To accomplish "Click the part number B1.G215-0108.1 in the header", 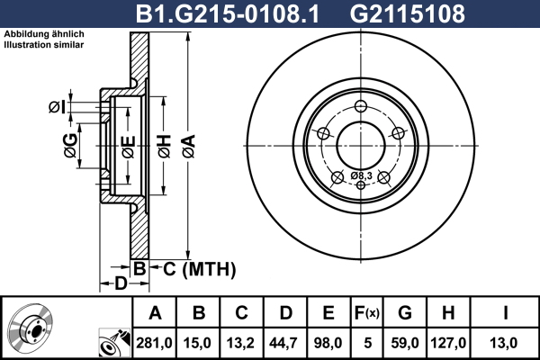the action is [x=228, y=13].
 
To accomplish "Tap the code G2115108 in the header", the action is [x=408, y=13].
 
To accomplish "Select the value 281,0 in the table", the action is [x=154, y=343].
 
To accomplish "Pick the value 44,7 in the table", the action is [x=284, y=343].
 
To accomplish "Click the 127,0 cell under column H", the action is [x=448, y=343].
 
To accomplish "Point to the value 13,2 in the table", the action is [x=241, y=343].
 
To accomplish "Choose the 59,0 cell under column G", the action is [x=405, y=343].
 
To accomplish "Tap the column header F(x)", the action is [x=367, y=313].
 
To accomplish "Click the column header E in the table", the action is [x=328, y=313].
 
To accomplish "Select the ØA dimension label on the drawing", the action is [x=189, y=147].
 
